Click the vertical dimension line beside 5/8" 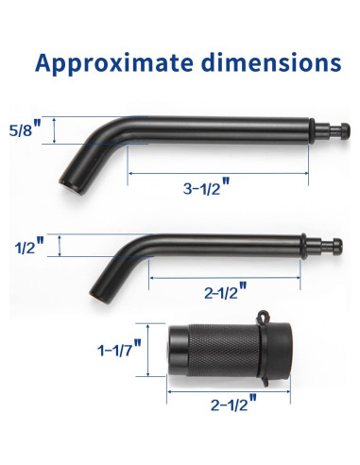tap(55, 129)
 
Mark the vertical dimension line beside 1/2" tap(60, 247)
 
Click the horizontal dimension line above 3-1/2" tap(219, 174)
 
